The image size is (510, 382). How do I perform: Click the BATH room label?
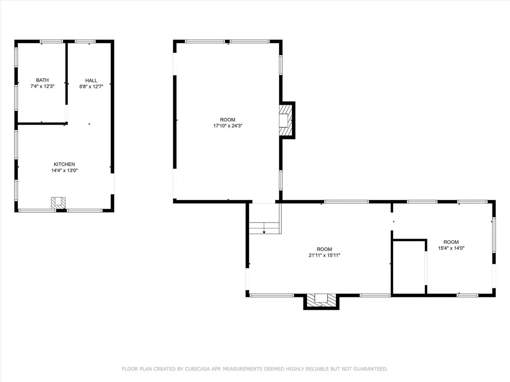tap(42, 80)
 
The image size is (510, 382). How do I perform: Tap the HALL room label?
tap(91, 80)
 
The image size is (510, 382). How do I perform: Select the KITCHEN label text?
tap(64, 165)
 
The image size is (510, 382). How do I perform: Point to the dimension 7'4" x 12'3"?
tap(42, 86)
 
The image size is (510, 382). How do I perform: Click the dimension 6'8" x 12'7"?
tap(91, 87)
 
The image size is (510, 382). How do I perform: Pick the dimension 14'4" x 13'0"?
tap(64, 171)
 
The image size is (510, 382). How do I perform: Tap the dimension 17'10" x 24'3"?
tap(228, 125)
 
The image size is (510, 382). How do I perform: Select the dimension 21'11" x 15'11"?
tap(325, 255)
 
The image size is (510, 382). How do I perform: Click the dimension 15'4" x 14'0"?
tap(451, 248)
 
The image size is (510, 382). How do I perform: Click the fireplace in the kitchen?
tap(58, 203)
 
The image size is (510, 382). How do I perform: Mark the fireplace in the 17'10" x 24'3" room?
tap(285, 120)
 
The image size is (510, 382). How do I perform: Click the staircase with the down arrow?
tap(264, 228)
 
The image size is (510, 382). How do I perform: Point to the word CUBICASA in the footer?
tap(197, 369)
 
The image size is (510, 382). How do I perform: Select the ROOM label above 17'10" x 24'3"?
tap(228, 120)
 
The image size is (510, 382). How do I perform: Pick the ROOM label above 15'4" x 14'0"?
tap(451, 242)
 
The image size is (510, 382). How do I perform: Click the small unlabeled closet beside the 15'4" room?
tap(409, 267)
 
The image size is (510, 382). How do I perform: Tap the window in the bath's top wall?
tap(51, 41)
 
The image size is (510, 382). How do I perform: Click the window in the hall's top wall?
tap(85, 41)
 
